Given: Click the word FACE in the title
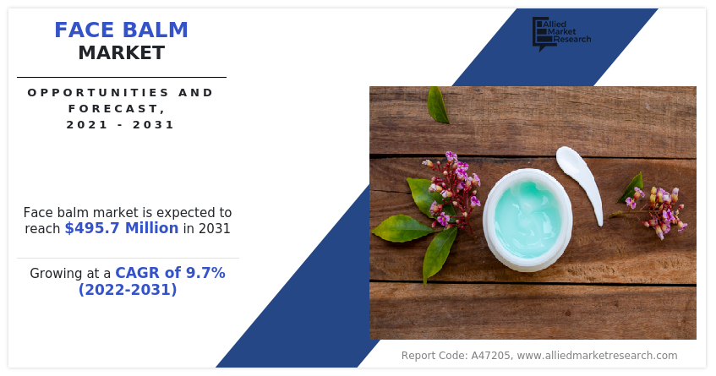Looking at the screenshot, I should tap(85, 30).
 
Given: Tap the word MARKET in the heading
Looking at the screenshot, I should tap(121, 53).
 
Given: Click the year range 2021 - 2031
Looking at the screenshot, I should tap(121, 124).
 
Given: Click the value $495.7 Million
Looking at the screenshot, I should tap(122, 228).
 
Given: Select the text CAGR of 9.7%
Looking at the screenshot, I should tap(170, 273).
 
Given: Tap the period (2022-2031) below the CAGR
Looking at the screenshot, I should tap(128, 290).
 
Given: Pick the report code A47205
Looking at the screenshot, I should tap(487, 356).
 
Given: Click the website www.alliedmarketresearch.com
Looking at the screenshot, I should tap(597, 356).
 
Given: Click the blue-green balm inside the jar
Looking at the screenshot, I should tap(527, 217).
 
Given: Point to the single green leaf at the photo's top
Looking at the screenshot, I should tap(437, 105).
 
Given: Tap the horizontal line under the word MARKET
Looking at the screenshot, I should tap(121, 77).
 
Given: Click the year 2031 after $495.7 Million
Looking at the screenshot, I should tap(214, 228).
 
